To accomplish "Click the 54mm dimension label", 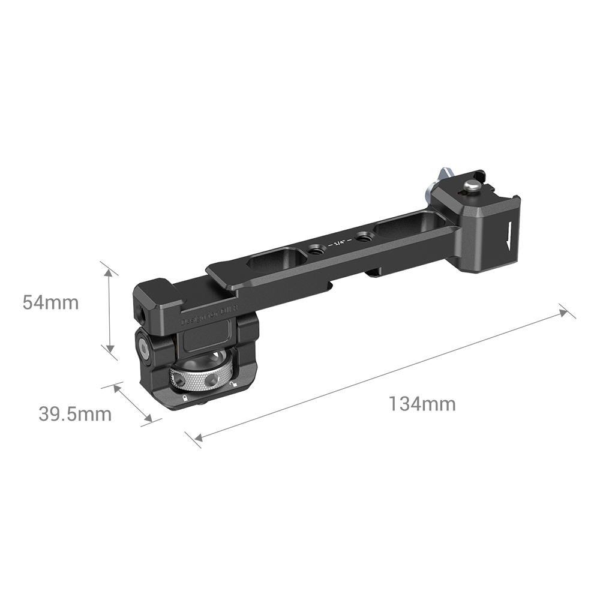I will tap(50, 302).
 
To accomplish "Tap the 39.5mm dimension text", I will tap(76, 414).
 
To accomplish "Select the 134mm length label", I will tap(422, 404).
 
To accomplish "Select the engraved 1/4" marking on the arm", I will tap(340, 244).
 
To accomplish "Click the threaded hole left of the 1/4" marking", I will tap(314, 248).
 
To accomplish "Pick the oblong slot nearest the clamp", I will tap(274, 260).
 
